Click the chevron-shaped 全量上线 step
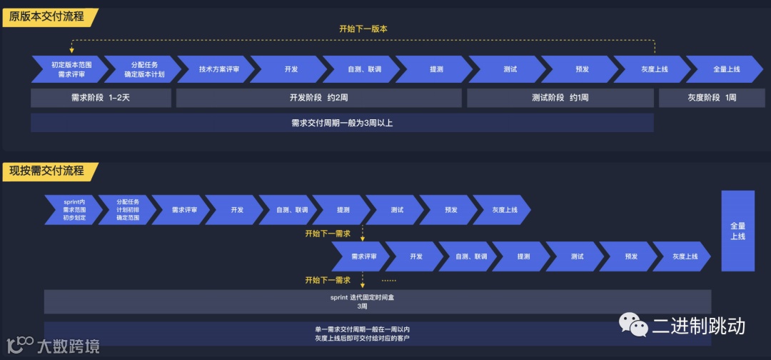[x=725, y=69]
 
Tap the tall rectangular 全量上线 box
[x=737, y=231]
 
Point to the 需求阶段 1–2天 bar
[x=101, y=98]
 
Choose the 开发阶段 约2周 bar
[x=318, y=98]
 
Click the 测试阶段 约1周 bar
[x=560, y=98]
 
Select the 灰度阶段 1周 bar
[x=711, y=98]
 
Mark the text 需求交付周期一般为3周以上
[x=341, y=123]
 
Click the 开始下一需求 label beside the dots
[x=328, y=280]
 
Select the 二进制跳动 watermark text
[x=697, y=326]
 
